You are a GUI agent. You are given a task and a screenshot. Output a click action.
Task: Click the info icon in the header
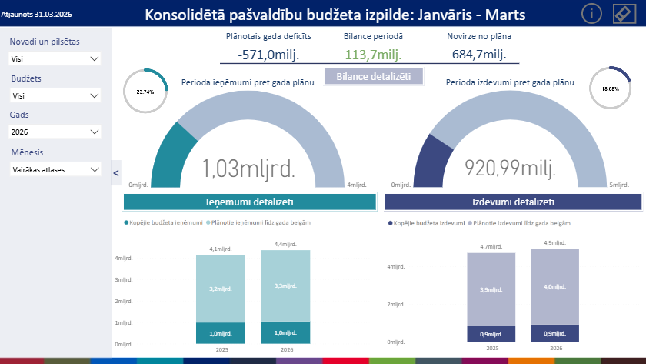click(591, 14)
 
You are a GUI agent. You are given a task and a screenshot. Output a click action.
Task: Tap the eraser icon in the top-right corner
click(624, 14)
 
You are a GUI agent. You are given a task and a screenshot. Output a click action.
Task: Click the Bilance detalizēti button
click(374, 76)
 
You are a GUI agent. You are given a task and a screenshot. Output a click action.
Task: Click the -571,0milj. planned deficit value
click(268, 54)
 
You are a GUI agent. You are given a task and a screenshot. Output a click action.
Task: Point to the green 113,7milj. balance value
click(373, 54)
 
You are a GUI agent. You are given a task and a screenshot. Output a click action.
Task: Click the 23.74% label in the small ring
click(145, 92)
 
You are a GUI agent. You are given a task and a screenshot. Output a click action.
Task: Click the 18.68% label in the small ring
click(610, 89)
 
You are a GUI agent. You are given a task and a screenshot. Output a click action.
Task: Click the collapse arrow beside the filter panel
click(116, 173)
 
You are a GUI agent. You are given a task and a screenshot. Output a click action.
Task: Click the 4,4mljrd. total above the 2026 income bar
click(285, 245)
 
